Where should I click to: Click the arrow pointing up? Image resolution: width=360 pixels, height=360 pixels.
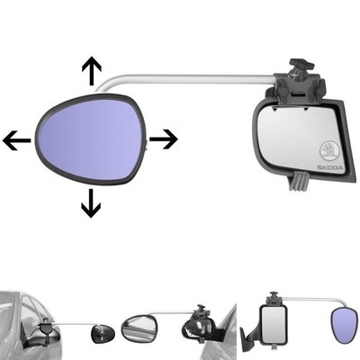click(92, 70)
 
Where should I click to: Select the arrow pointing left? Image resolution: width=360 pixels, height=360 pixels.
click(17, 140)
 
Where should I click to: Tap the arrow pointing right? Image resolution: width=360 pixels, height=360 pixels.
click(164, 139)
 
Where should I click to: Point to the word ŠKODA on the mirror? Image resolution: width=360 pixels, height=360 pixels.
click(329, 168)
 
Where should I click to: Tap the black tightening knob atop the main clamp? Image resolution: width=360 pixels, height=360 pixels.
click(301, 65)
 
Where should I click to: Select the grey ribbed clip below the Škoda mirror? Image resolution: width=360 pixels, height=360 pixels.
click(298, 181)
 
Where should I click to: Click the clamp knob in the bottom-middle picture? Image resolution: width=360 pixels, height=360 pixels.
click(201, 310)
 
